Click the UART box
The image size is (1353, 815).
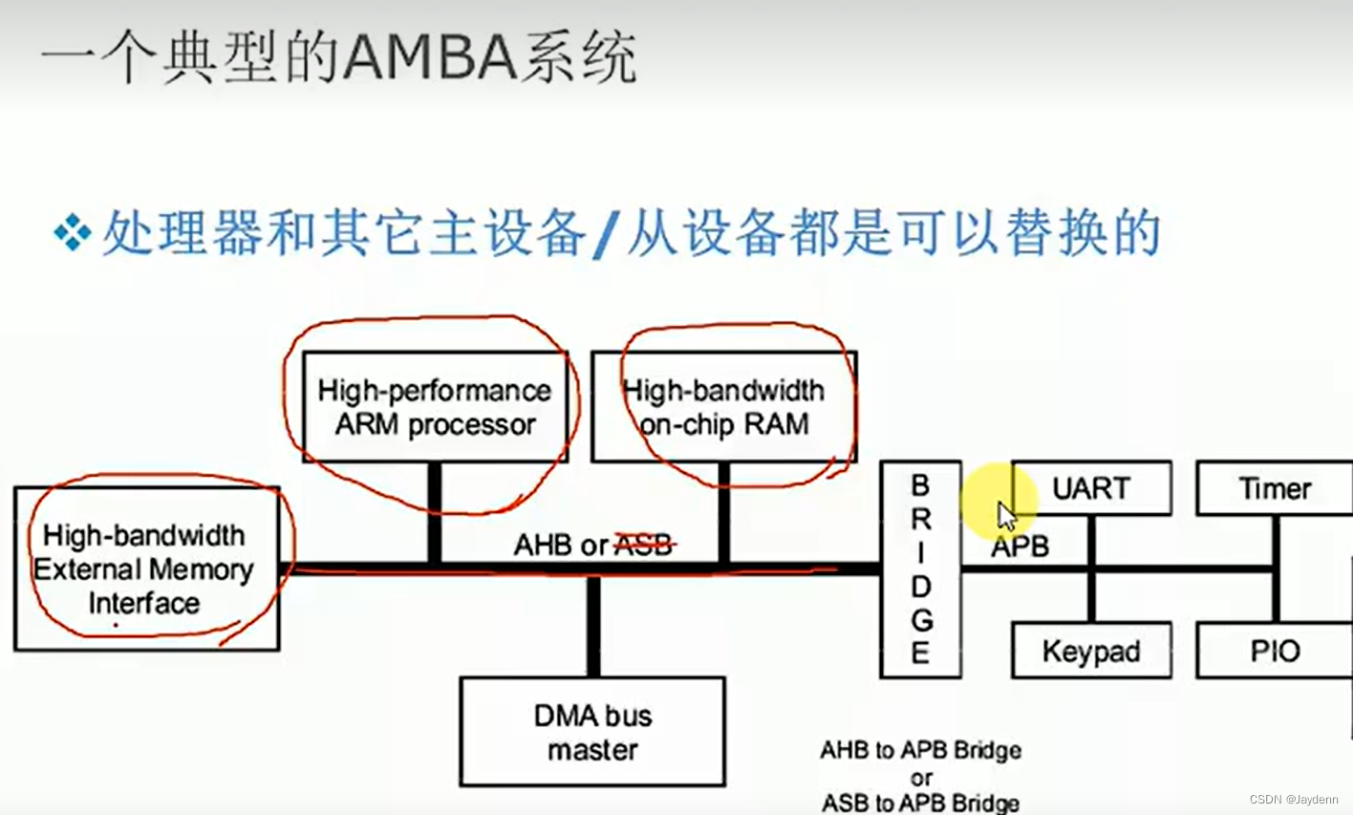(1091, 488)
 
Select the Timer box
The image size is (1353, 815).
(1275, 488)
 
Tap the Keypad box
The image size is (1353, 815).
(1091, 651)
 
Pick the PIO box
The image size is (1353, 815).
(1275, 651)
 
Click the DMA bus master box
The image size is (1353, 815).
(592, 732)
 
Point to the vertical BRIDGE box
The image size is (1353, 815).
(920, 569)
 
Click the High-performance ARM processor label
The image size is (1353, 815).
(435, 407)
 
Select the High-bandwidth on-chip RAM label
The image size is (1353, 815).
(723, 407)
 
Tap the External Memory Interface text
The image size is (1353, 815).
(144, 569)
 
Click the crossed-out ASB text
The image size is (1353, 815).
(642, 545)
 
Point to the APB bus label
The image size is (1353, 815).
(1020, 547)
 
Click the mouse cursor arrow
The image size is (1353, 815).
(1005, 515)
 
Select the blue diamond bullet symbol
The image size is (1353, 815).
(73, 232)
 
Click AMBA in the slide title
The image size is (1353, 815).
(431, 57)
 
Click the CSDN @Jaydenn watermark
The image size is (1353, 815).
(1293, 799)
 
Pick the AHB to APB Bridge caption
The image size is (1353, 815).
(920, 750)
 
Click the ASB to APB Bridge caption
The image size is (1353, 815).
(920, 803)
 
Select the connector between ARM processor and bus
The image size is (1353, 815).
(435, 513)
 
